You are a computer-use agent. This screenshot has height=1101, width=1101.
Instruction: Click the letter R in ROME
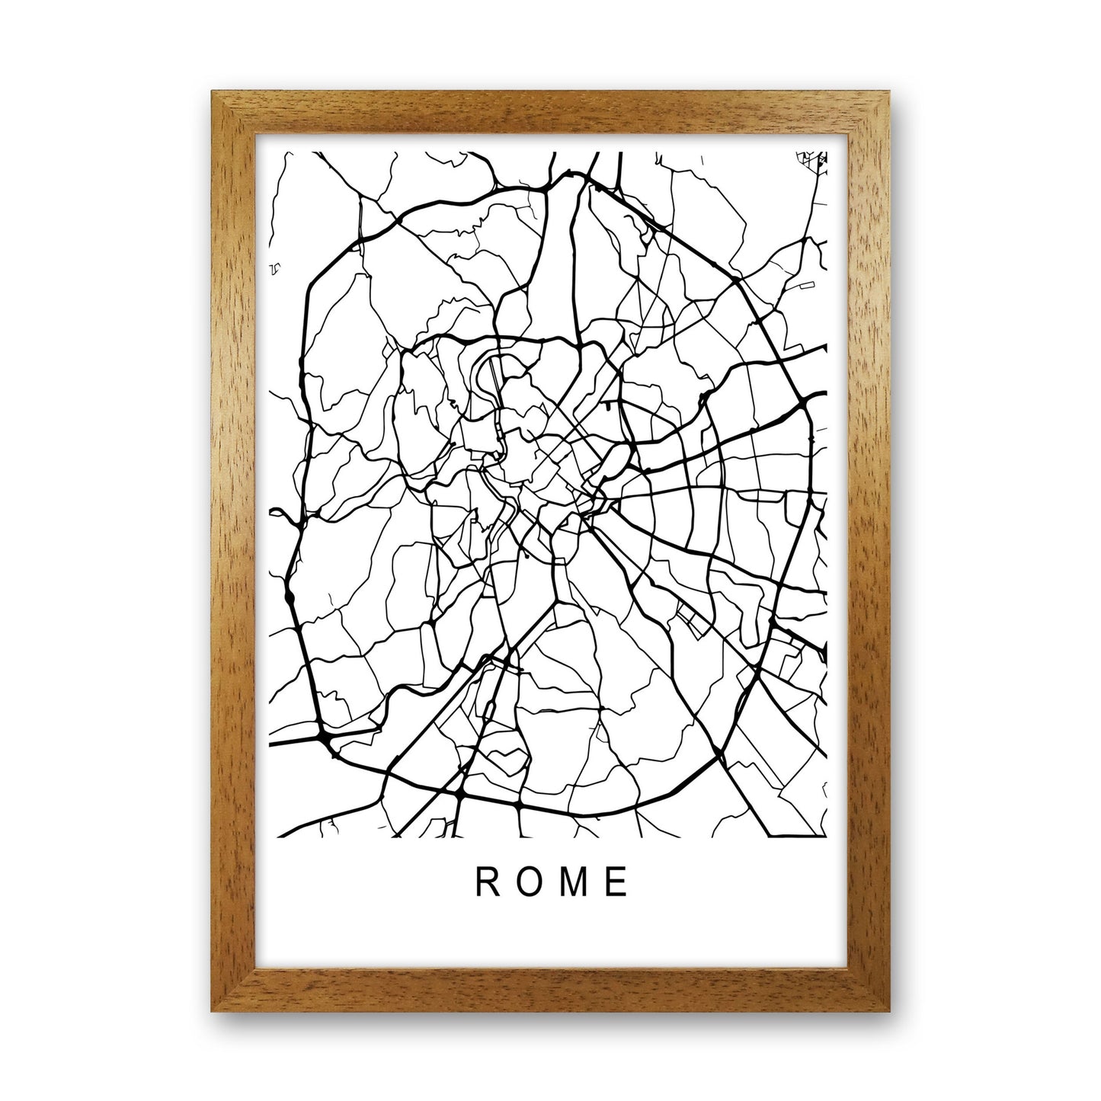point(485,882)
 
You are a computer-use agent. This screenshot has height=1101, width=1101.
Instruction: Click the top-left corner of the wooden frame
point(213,94)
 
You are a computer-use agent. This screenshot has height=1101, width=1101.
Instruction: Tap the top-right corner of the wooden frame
point(888,94)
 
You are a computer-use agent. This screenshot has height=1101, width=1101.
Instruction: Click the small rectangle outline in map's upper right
point(806,286)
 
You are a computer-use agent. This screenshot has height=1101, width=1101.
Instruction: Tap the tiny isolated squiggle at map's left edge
point(275,269)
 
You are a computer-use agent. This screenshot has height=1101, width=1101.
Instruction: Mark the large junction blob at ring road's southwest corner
point(324,738)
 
